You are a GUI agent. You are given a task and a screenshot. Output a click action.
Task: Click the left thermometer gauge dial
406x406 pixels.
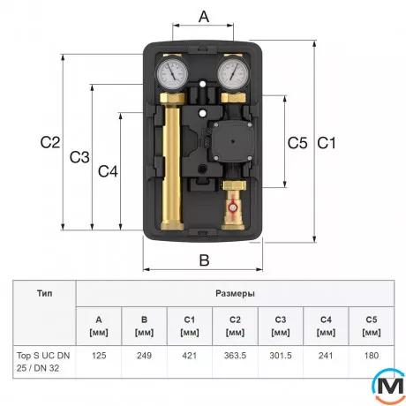(x=172, y=72)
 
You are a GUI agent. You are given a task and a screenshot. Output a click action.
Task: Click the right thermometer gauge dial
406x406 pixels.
(x=234, y=72)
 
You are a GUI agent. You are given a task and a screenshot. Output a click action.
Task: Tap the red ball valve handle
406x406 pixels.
(x=232, y=207)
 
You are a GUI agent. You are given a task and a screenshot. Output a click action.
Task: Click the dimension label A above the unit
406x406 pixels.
(x=204, y=16)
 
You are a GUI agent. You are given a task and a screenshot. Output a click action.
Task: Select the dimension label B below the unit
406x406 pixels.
(x=204, y=260)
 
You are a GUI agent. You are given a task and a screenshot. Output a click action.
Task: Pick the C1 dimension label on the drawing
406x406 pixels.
(x=327, y=143)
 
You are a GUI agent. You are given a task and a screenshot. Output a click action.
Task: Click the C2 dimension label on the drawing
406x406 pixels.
(x=50, y=142)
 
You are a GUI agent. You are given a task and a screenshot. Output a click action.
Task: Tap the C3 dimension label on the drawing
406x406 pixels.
(x=79, y=157)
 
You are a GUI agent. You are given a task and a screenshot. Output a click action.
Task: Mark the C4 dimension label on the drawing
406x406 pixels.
(x=108, y=171)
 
